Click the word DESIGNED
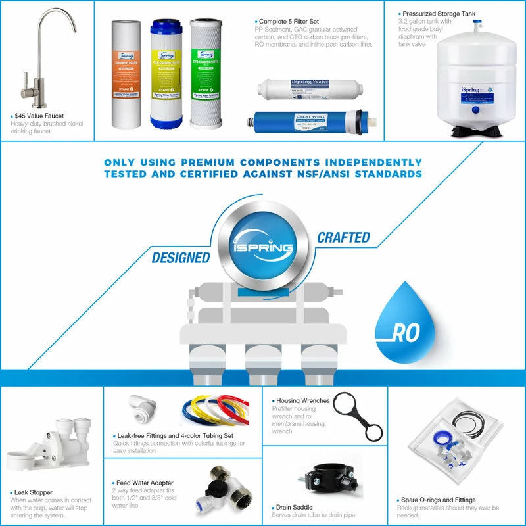pyautogui.click(x=181, y=258)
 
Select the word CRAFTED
pyautogui.click(x=343, y=237)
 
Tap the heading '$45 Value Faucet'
pyautogui.click(x=39, y=116)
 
